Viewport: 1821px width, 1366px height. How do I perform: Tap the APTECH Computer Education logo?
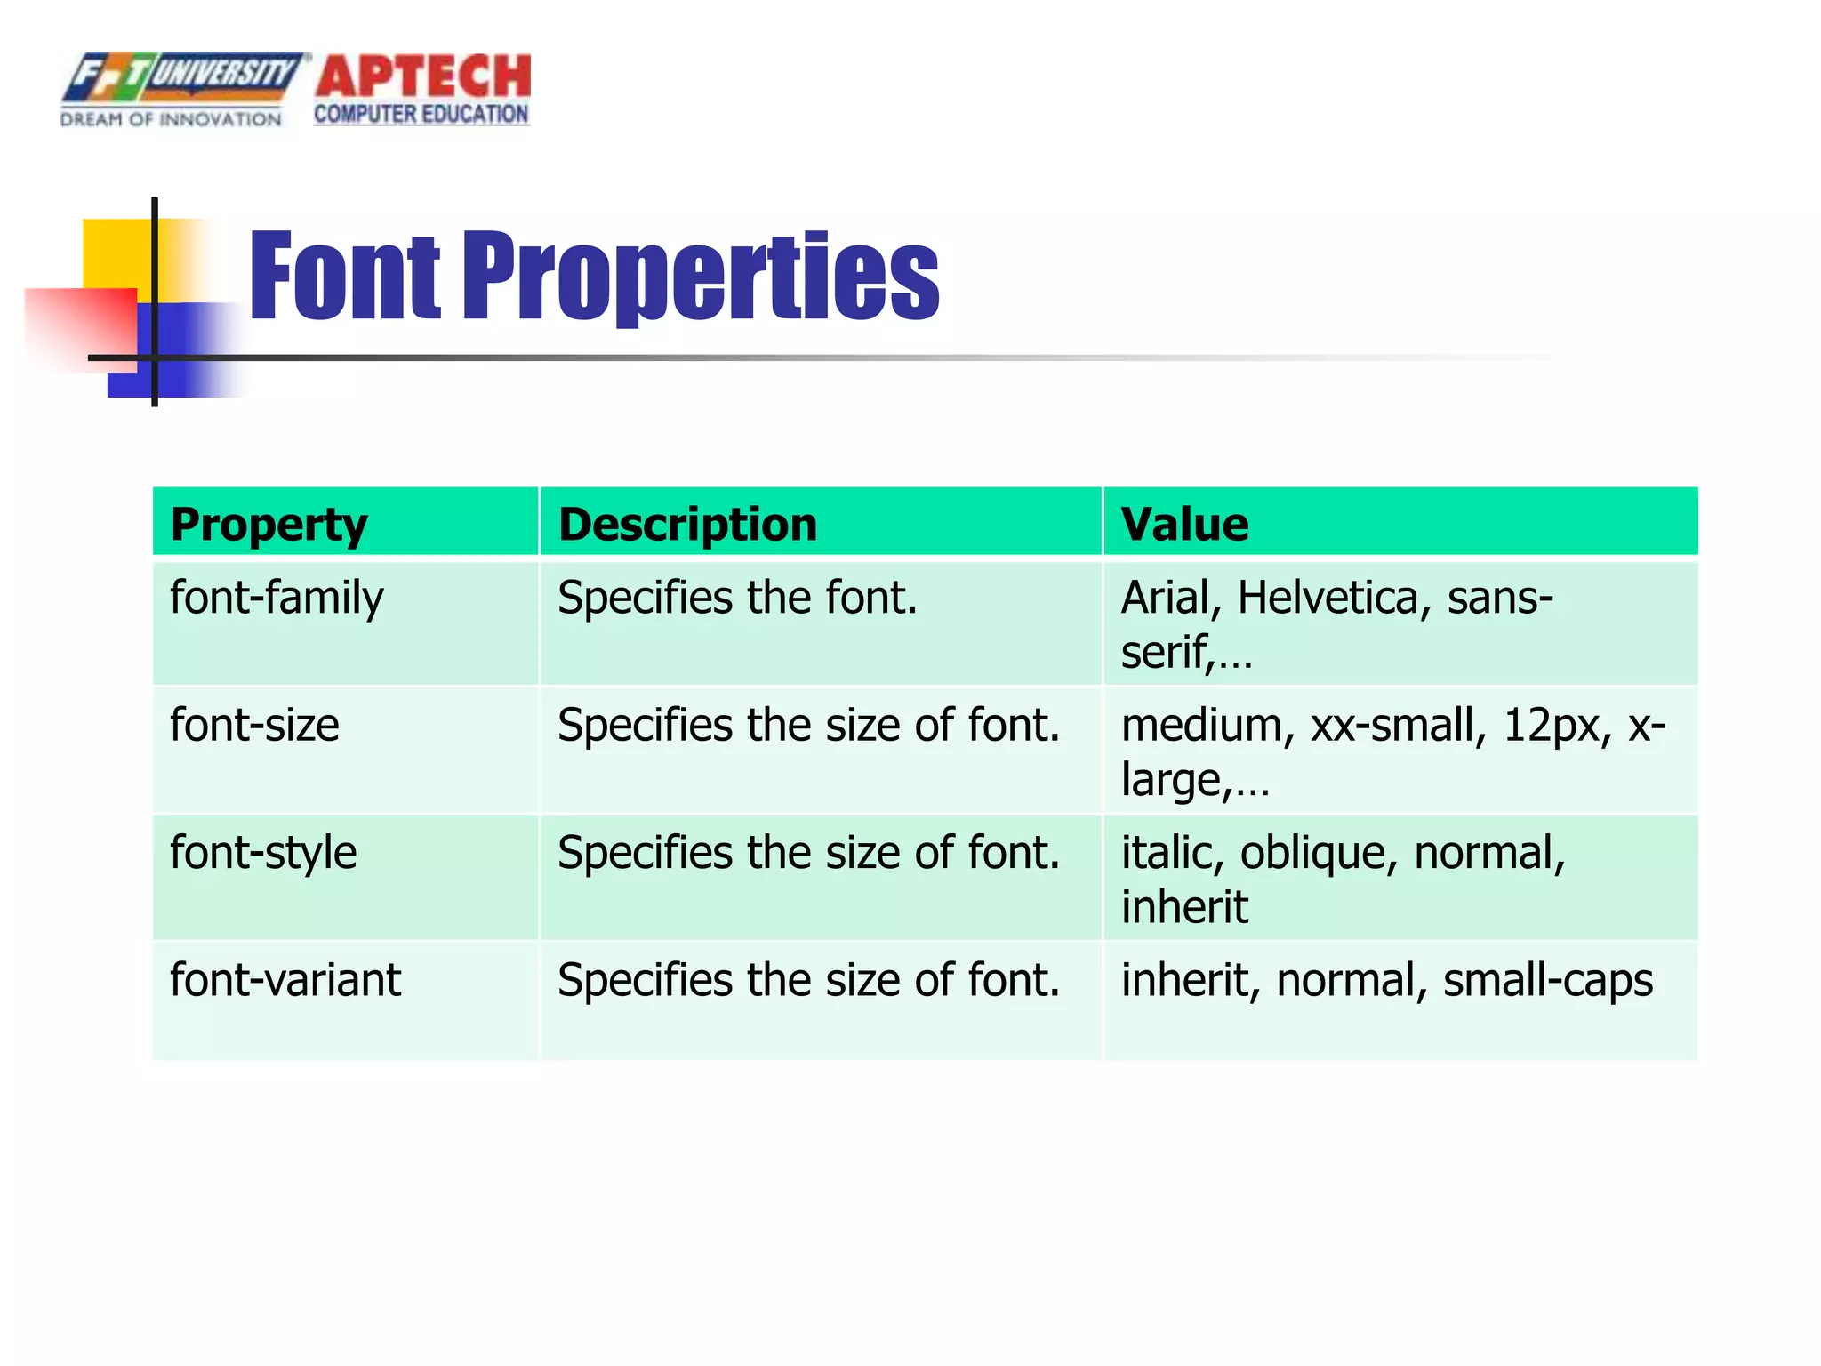(422, 89)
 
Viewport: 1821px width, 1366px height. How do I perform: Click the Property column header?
(269, 524)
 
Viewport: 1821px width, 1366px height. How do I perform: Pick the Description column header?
(687, 524)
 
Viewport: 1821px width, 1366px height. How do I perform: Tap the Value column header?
(1184, 524)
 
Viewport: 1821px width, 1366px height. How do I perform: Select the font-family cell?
(277, 598)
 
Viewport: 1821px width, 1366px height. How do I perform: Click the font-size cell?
(254, 725)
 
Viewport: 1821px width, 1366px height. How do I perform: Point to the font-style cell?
(263, 853)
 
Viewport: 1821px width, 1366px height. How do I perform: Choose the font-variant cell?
(285, 980)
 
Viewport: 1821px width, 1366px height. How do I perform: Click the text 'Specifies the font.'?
(737, 598)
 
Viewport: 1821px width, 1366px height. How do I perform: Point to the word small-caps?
(1547, 980)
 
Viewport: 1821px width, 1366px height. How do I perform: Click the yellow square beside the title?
(116, 253)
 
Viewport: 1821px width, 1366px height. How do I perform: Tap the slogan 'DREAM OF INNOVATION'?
(171, 119)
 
